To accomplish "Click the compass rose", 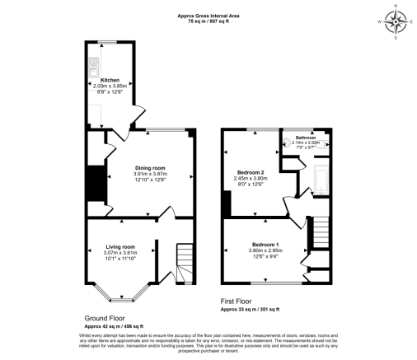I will [x=395, y=21].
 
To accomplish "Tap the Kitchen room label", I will [x=110, y=80].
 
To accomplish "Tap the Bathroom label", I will [x=306, y=138].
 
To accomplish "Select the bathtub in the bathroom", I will [x=321, y=179].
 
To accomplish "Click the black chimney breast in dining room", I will [x=97, y=183].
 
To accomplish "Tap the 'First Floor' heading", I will [x=237, y=302].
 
